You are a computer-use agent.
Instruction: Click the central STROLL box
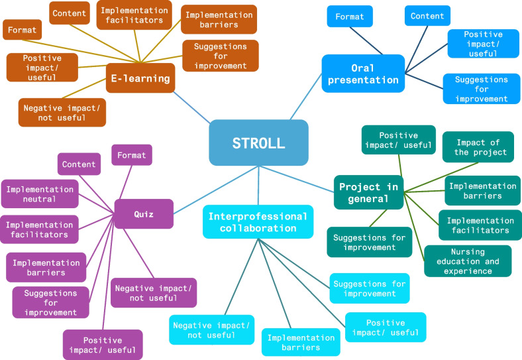[x=258, y=143]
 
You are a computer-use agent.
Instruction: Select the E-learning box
[x=140, y=78]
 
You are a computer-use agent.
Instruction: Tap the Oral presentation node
[x=363, y=74]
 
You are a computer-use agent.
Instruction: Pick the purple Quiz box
[x=144, y=213]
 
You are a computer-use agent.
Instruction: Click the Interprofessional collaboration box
[x=258, y=222]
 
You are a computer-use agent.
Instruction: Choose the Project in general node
[x=368, y=192]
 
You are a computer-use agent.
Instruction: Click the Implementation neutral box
[x=40, y=194]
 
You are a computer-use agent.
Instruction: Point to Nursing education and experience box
[x=468, y=261]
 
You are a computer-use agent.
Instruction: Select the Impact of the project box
[x=478, y=147]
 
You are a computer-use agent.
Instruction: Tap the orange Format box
[x=23, y=30]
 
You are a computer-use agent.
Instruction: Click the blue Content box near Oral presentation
[x=427, y=16]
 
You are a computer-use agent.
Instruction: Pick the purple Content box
[x=79, y=164]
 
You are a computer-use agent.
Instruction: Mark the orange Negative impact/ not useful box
[x=62, y=113]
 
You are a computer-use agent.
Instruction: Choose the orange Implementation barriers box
[x=219, y=19]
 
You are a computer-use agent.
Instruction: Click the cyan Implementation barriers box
[x=301, y=342]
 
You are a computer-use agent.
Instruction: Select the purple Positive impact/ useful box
[x=103, y=345]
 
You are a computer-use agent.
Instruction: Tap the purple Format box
[x=132, y=155]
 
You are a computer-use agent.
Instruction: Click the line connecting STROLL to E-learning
[x=191, y=107]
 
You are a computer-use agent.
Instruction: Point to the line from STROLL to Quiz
[x=216, y=190]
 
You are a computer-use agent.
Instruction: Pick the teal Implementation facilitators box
[x=480, y=225]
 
